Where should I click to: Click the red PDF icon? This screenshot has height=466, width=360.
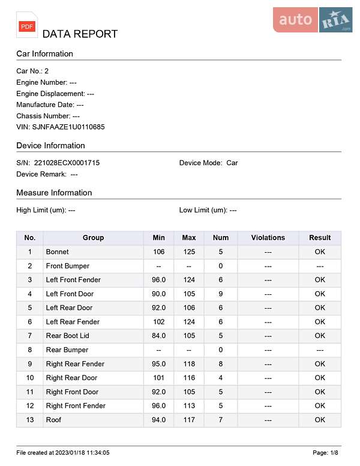[x=27, y=26]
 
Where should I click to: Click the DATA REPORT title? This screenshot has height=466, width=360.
[x=80, y=34]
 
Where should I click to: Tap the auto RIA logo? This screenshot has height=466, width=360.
[x=313, y=20]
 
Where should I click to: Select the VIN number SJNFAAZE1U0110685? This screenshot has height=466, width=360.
[x=68, y=127]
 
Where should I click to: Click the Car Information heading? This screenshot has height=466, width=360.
[x=44, y=53]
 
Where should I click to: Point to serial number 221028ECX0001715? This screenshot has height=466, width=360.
[x=67, y=163]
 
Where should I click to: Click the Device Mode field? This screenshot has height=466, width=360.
[x=208, y=163]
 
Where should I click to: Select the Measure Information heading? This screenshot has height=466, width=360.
[x=54, y=193]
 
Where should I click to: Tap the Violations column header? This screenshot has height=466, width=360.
[x=268, y=238]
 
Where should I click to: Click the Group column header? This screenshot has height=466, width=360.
[x=93, y=238]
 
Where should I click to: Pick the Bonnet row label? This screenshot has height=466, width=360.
[x=57, y=252]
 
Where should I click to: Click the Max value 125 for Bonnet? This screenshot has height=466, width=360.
[x=189, y=252]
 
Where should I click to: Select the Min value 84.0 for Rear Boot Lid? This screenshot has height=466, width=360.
[x=158, y=336]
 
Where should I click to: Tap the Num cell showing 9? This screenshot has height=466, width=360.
[x=221, y=294]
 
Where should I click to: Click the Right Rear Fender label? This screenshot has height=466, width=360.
[x=75, y=364]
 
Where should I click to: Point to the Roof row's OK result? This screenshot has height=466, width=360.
[x=320, y=420]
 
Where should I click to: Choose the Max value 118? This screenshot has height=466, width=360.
[x=189, y=364]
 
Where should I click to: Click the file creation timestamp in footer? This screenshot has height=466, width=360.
[x=63, y=452]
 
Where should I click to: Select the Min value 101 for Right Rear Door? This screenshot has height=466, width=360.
[x=158, y=378]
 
